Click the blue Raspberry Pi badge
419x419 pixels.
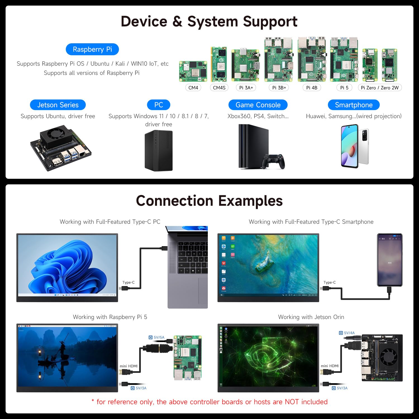[x=92, y=49]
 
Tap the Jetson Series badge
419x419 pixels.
[x=58, y=105]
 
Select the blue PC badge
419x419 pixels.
[x=158, y=105]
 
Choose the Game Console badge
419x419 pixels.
[x=258, y=105]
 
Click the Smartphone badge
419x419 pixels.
[x=354, y=105]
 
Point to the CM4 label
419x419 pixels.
[x=193, y=88]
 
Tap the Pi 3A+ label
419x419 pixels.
[x=246, y=88]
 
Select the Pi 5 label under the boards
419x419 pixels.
[x=344, y=88]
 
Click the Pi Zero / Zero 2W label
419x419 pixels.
[x=380, y=88]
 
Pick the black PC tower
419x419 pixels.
[x=158, y=151]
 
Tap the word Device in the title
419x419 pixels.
[x=144, y=22]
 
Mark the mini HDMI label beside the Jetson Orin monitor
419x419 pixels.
[x=330, y=366]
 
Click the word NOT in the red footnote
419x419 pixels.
[x=292, y=402]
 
